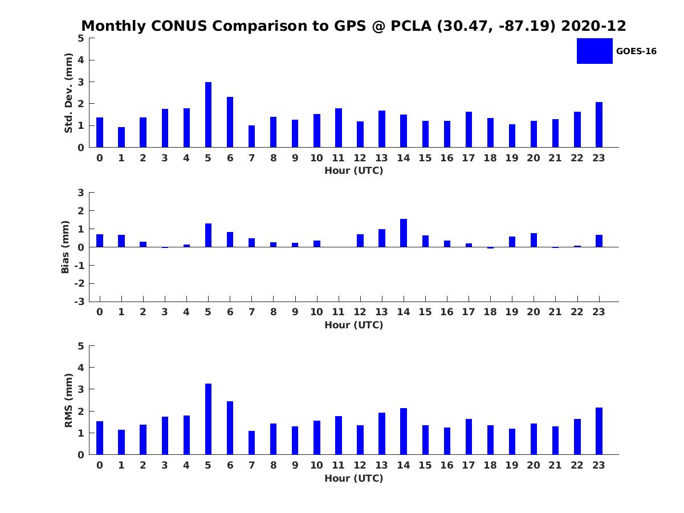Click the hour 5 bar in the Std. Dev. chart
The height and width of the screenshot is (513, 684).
pos(208,115)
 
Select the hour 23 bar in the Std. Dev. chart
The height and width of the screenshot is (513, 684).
pos(599,125)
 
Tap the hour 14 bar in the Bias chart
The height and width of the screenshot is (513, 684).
pos(404,233)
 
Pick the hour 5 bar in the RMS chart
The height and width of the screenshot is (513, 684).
pos(208,419)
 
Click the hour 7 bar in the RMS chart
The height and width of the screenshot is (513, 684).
pos(251,443)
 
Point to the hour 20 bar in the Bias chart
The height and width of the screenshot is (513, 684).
pos(534,240)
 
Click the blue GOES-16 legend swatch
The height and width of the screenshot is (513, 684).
pos(595,51)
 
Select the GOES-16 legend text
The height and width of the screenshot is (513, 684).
pos(636,51)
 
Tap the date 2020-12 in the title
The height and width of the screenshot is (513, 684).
pos(595,26)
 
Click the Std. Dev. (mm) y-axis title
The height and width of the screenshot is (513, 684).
pos(68,93)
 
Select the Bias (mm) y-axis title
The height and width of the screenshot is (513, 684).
pos(66,247)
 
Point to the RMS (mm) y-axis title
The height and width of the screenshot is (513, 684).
pos(68,400)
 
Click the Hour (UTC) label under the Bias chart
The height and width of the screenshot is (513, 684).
pos(353,325)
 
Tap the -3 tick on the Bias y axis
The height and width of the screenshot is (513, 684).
pos(80,302)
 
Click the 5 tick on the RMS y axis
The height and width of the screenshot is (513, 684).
pos(81,346)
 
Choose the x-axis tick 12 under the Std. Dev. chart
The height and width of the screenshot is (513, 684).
pos(360,158)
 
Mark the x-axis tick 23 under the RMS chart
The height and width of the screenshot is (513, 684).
pos(599,465)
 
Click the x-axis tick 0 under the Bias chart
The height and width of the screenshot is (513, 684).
pos(100,312)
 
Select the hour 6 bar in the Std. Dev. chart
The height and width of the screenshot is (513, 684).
pos(230,122)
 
